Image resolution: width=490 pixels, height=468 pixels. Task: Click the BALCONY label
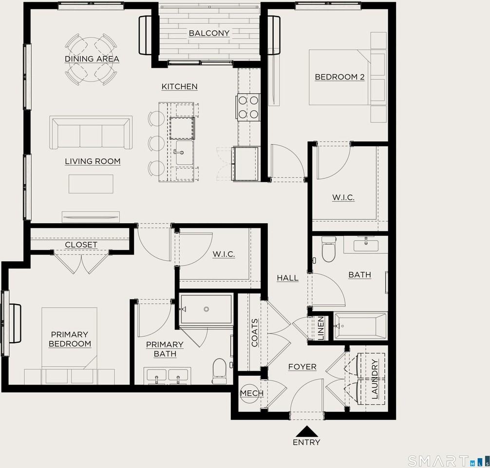209,33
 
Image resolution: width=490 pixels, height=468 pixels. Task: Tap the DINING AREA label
92,59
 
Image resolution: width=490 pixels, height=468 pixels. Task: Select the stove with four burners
248,107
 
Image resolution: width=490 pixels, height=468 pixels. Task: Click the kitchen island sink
184,153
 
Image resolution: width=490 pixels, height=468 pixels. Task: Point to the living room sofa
91,132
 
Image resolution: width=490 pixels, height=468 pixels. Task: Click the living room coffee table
91,184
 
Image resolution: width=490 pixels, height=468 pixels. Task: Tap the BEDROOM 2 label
339,77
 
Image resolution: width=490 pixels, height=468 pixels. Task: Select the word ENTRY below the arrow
306,442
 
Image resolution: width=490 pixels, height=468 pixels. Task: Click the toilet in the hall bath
328,249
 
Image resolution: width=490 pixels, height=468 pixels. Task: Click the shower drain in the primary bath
206,309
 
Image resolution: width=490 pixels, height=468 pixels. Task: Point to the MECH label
252,393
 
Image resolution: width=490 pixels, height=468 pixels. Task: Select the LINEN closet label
320,328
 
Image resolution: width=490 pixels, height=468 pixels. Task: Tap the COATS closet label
255,333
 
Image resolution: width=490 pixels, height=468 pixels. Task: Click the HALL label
287,278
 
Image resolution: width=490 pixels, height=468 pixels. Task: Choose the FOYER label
302,367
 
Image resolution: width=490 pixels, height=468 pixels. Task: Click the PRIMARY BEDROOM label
70,339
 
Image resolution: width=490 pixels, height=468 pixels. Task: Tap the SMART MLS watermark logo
448,461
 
